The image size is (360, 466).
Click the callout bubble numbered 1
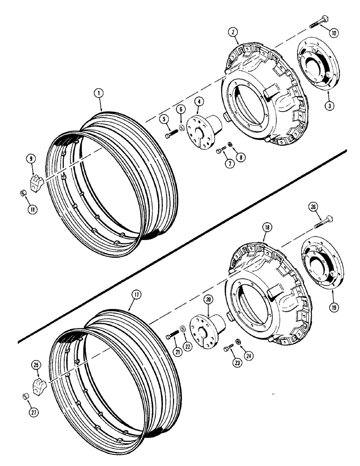[x=98, y=93]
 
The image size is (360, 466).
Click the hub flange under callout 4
[x=200, y=136]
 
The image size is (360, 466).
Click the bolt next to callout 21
[x=173, y=334]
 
